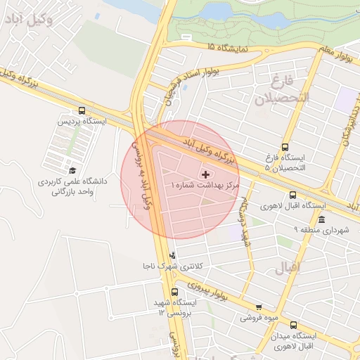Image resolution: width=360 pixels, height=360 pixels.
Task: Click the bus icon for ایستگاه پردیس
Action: [x=82, y=110]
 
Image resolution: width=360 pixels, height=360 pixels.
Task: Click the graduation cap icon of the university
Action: [x=72, y=170]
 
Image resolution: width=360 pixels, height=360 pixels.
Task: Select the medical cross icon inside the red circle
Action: [x=205, y=174]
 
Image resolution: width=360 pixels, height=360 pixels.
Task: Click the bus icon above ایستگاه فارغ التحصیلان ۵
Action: [x=285, y=147]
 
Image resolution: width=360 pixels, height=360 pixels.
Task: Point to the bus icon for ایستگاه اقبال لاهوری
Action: [x=293, y=195]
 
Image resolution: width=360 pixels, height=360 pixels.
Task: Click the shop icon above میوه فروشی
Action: [x=259, y=307]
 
